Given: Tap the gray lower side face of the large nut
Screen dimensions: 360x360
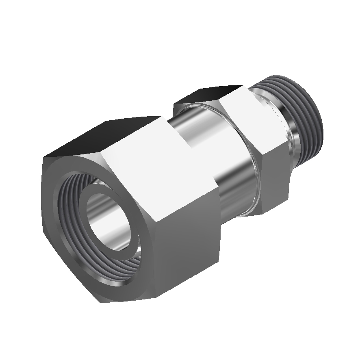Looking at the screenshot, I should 187,240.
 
